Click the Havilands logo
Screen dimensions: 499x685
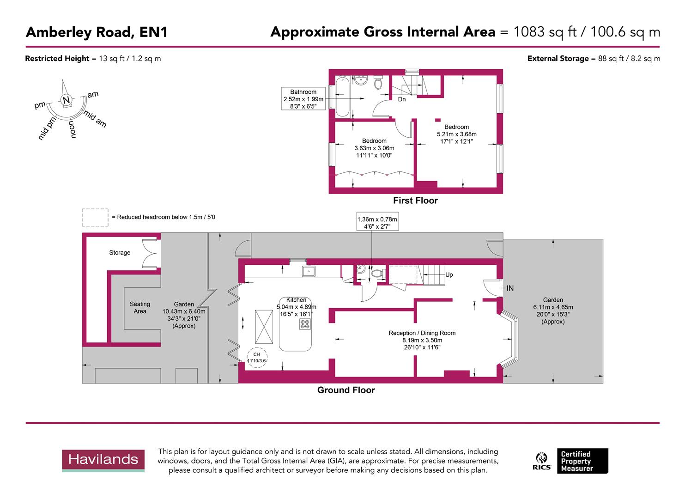[x=103, y=460]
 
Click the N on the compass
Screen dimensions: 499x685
[x=66, y=100]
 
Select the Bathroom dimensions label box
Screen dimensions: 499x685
[x=303, y=99]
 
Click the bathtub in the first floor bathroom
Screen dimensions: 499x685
[x=342, y=97]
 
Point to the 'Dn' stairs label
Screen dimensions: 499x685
[x=402, y=99]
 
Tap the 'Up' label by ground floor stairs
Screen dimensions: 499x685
[x=449, y=274]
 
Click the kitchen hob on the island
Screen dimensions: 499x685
[x=305, y=324]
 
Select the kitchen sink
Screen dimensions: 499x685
[x=309, y=271]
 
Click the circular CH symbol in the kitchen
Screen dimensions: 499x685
[x=257, y=358]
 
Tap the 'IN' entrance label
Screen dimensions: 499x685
[x=510, y=288]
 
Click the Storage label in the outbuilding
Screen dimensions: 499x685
[x=120, y=253]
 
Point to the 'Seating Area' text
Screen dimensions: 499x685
[x=140, y=308]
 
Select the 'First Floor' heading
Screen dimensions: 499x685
[x=415, y=201]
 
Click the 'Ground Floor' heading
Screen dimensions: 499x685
[x=346, y=390]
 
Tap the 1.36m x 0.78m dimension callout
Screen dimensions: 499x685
[x=377, y=223]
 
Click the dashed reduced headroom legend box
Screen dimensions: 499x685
[x=95, y=217]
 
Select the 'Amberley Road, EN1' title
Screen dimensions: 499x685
[x=97, y=32]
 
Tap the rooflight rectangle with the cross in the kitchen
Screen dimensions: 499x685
[x=264, y=326]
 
